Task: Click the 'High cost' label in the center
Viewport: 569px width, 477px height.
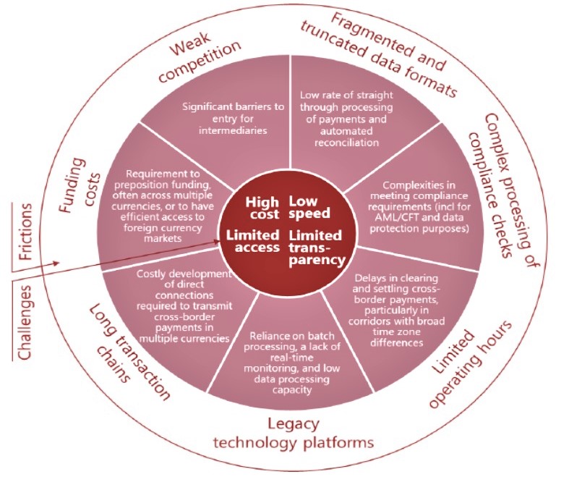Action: click(x=261, y=208)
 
